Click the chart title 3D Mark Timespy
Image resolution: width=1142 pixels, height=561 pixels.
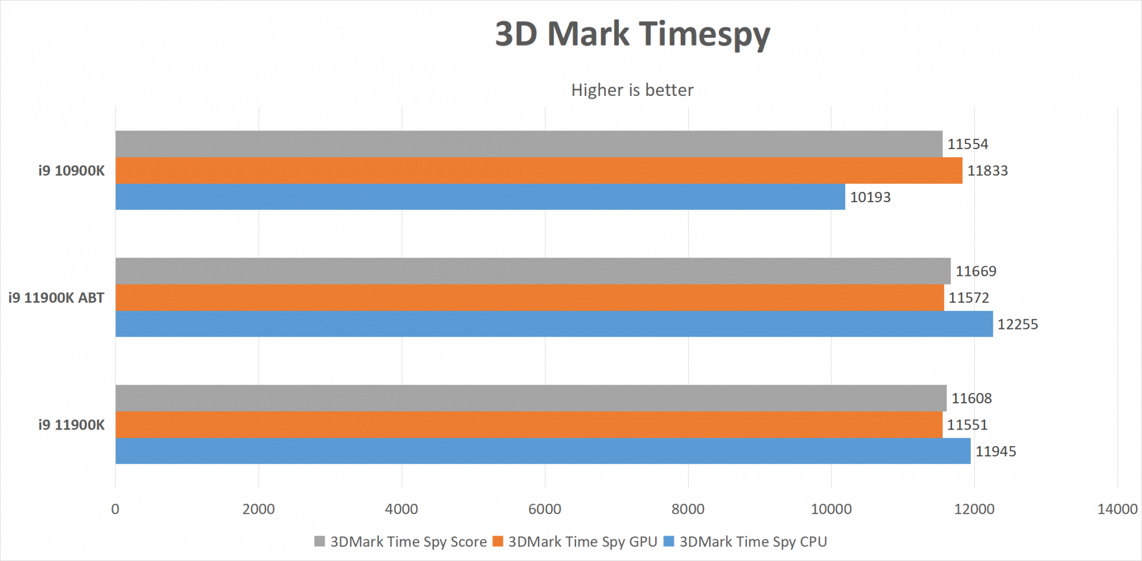click(x=632, y=34)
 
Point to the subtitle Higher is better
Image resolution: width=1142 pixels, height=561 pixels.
click(x=632, y=90)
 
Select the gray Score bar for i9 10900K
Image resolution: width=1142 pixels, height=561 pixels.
click(x=529, y=144)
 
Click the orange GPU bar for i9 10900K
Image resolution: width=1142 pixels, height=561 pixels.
click(x=538, y=170)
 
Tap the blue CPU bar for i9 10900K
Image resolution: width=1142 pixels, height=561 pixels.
click(x=480, y=197)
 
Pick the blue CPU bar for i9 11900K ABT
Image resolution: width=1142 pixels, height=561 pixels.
click(x=554, y=324)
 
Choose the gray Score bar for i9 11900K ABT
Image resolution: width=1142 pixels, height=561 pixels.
click(x=533, y=271)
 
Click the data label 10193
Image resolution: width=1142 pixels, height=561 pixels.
click(x=870, y=197)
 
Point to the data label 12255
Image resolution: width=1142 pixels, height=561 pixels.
click(x=1018, y=324)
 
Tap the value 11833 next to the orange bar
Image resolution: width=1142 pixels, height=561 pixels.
click(x=987, y=171)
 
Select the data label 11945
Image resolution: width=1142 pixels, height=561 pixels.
click(x=995, y=451)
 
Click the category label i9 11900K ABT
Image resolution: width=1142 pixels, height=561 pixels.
click(x=56, y=298)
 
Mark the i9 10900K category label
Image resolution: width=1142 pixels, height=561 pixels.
click(x=71, y=171)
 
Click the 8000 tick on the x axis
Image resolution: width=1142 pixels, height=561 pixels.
click(x=688, y=509)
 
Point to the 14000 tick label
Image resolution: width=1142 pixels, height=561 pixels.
click(x=1117, y=509)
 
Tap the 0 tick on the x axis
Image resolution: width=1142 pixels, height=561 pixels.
click(x=115, y=509)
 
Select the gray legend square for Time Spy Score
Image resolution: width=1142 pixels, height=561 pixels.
click(x=320, y=541)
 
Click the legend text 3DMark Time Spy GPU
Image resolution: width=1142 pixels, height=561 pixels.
click(x=582, y=542)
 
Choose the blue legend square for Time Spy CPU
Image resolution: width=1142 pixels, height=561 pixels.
click(x=669, y=541)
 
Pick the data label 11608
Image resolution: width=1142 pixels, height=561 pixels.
click(x=971, y=398)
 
